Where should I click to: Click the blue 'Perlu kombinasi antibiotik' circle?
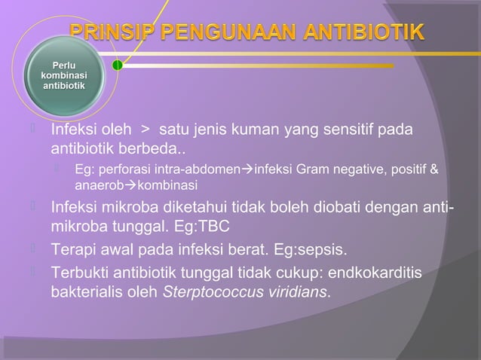pos(63,76)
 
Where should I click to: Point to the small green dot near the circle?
pos(118,66)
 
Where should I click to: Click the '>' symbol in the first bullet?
pos(141,133)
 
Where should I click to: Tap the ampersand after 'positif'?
pos(433,171)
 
